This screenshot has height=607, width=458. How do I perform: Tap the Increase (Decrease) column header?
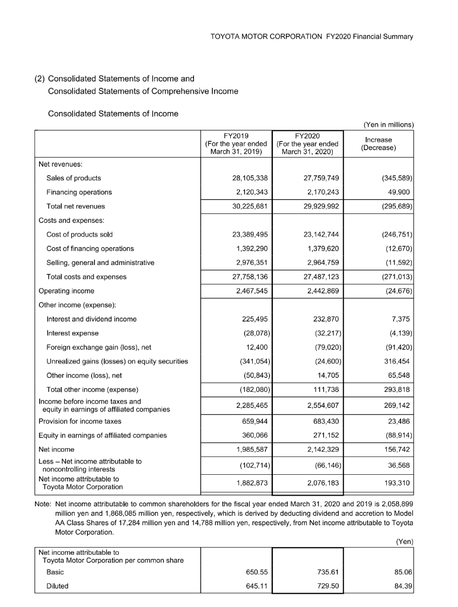378,143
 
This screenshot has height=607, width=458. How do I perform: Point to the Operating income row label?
66,291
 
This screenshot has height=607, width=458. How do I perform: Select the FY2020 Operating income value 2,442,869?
319,291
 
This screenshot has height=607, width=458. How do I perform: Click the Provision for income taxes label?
79,421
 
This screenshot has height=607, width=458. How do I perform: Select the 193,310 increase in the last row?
397,483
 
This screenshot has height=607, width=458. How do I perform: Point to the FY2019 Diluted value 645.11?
255,586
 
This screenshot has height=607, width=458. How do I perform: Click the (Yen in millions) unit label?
388,124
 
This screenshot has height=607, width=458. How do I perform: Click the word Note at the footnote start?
44,504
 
